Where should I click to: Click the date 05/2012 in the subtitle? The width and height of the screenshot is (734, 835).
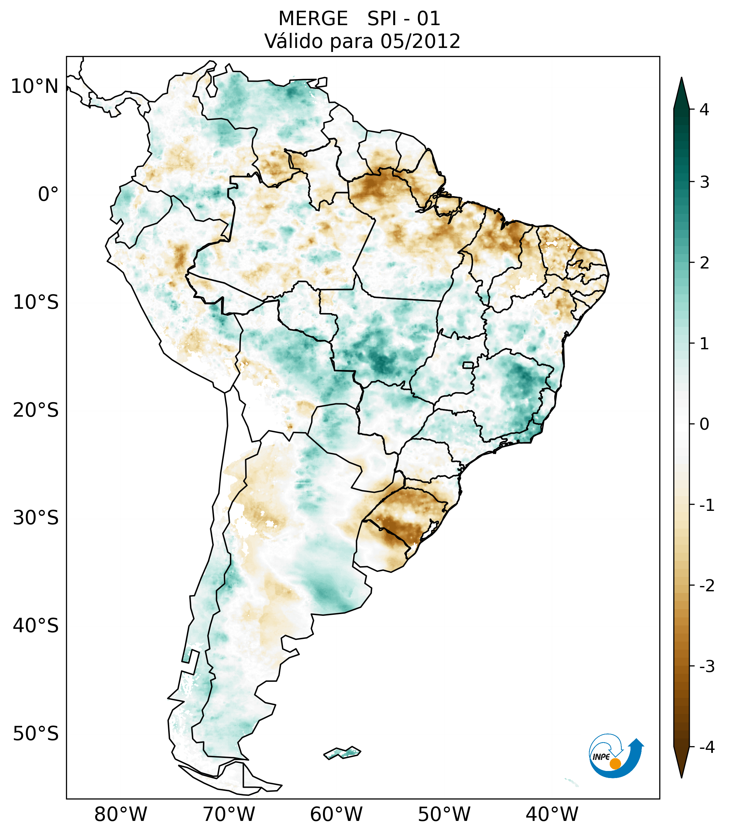point(420,41)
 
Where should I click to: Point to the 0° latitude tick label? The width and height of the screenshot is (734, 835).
point(48,194)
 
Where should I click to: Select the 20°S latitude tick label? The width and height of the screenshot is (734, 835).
point(36,410)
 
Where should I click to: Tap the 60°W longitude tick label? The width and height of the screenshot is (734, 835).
point(336,814)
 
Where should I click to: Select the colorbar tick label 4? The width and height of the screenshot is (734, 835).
point(704,110)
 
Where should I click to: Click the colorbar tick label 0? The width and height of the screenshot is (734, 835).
point(704,424)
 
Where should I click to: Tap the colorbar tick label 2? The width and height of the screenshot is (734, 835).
point(704,263)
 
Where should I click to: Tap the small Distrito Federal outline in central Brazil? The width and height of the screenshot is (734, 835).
point(468,365)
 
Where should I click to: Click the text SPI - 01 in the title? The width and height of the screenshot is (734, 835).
point(403,19)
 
